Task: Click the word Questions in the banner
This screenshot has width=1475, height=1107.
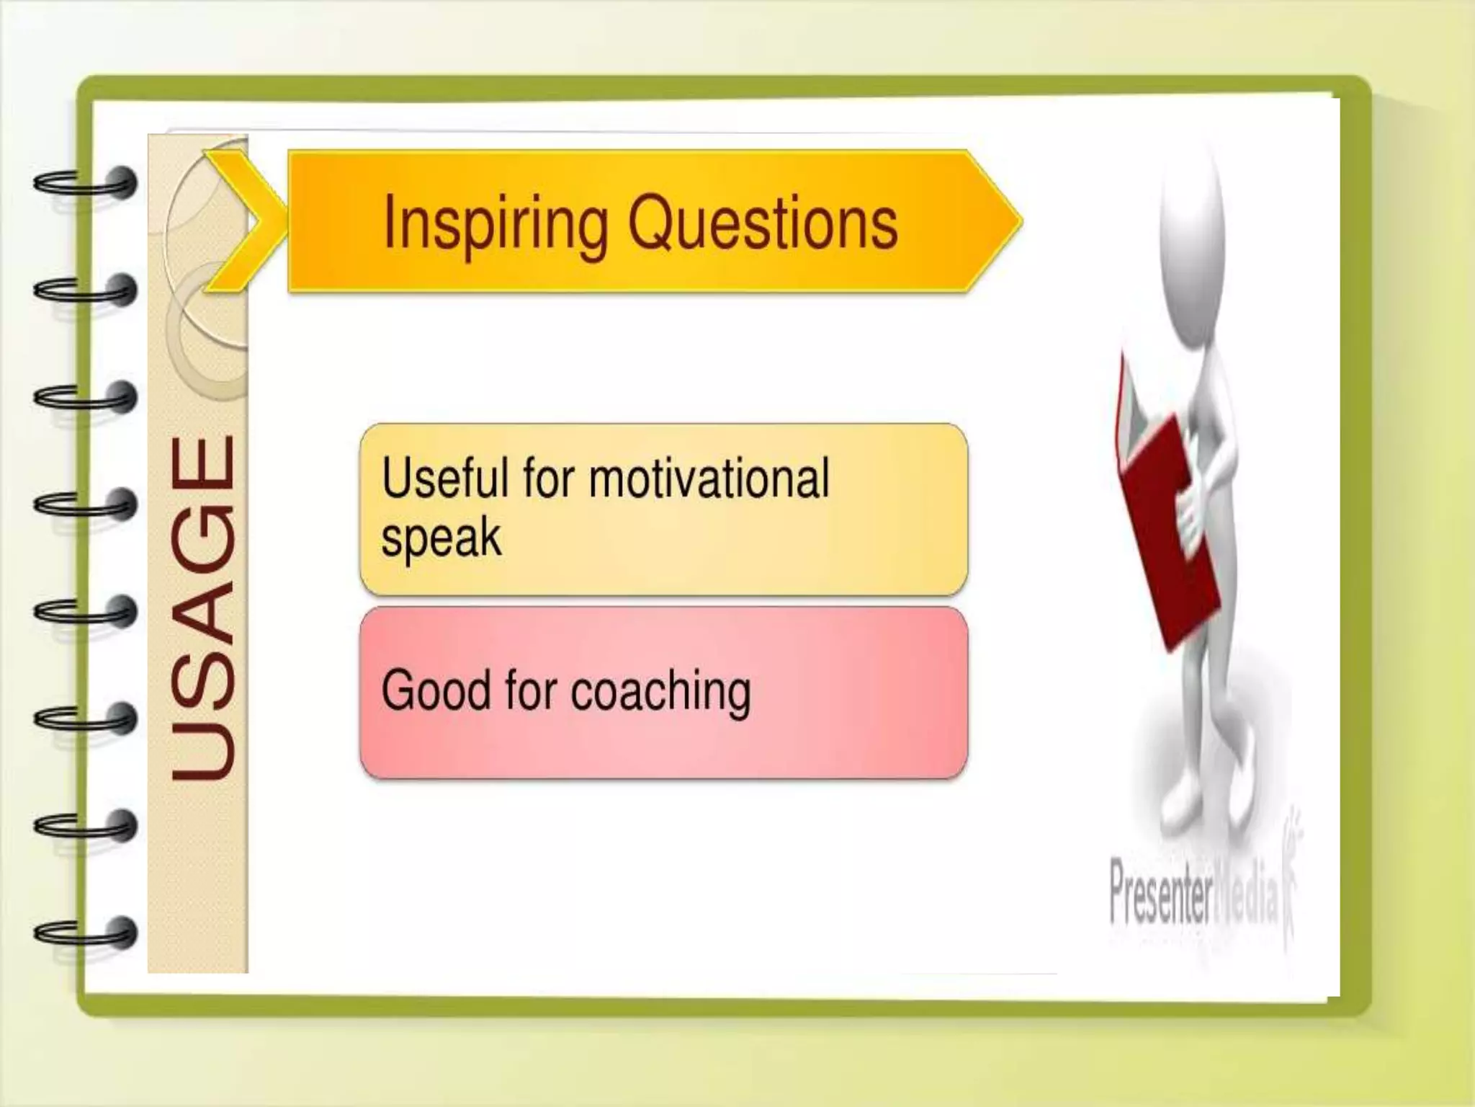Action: tap(763, 223)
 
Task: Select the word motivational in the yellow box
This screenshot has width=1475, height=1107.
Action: tap(709, 479)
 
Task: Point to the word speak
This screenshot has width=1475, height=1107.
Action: tap(441, 538)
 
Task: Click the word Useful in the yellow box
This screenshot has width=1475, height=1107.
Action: tap(444, 479)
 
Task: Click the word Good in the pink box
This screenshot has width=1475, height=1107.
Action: tap(436, 690)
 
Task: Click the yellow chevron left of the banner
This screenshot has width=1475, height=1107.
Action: tap(241, 221)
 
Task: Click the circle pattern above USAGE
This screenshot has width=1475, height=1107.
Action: tap(205, 288)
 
